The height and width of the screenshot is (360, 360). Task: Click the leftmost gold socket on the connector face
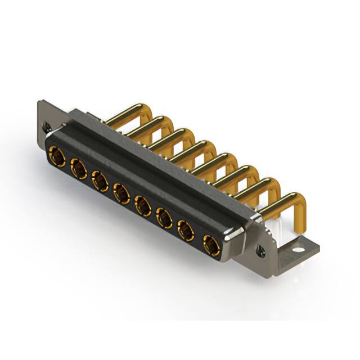pyautogui.click(x=57, y=154)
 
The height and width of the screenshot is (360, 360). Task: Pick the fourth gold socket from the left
pyautogui.click(x=121, y=194)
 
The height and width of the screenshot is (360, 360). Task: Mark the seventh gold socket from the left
pyautogui.click(x=186, y=231)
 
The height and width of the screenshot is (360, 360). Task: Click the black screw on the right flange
pyautogui.click(x=260, y=248)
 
